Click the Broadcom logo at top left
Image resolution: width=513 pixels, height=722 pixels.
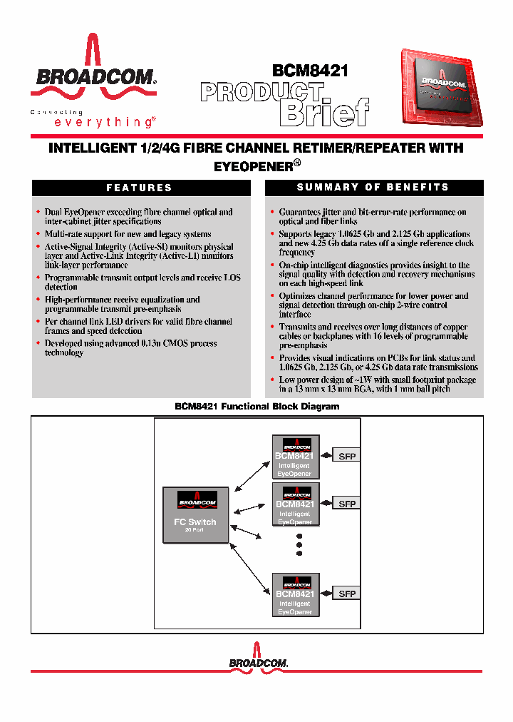tap(93, 71)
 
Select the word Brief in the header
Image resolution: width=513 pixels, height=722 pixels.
tap(324, 111)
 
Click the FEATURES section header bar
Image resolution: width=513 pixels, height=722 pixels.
tap(140, 188)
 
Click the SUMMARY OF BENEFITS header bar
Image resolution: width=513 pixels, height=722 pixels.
tap(373, 188)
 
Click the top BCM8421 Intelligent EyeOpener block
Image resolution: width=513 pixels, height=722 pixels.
tap(296, 457)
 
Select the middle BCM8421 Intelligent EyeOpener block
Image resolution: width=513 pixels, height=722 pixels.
tap(296, 504)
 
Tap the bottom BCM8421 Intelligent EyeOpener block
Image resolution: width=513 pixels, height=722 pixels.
tap(296, 594)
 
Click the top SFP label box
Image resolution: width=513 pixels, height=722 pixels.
tap(347, 456)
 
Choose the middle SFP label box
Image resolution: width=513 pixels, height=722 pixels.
tap(347, 504)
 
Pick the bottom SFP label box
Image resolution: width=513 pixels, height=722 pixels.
tap(347, 594)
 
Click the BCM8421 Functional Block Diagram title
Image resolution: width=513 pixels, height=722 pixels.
tap(257, 407)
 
